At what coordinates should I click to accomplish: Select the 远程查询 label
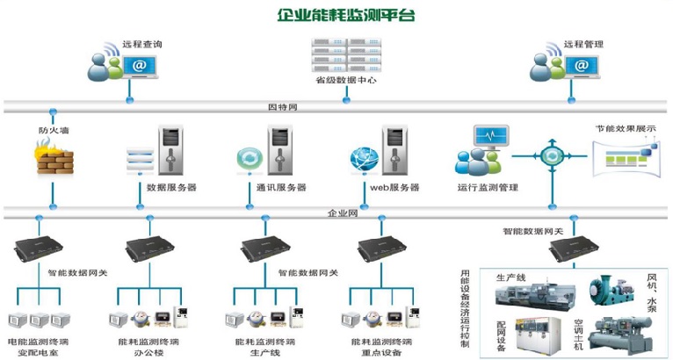141,44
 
